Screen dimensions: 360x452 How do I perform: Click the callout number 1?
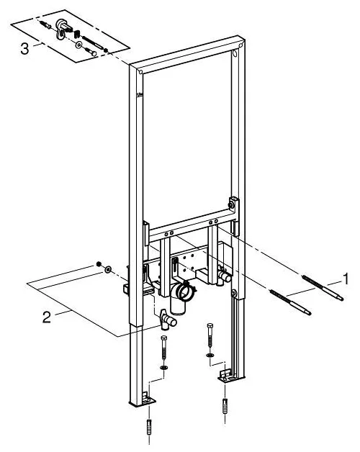pyautogui.click(x=345, y=279)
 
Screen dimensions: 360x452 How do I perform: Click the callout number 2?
pyautogui.click(x=47, y=317)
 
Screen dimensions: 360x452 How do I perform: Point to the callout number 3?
pyautogui.click(x=24, y=48)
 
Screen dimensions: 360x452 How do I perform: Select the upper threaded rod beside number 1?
pyautogui.click(x=323, y=288)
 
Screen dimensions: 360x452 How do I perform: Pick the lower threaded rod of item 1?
pyautogui.click(x=290, y=302)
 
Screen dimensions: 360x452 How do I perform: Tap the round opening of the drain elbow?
pyautogui.click(x=184, y=291)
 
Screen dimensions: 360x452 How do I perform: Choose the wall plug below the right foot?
pyautogui.click(x=225, y=406)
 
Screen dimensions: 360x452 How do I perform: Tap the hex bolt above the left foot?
pyautogui.click(x=164, y=348)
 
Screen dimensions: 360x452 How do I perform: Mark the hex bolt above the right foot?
pyautogui.click(x=210, y=335)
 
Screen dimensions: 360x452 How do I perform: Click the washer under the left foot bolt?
pyautogui.click(x=164, y=368)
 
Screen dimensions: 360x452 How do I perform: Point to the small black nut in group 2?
pyautogui.click(x=99, y=263)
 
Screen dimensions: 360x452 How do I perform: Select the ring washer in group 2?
pyautogui.click(x=108, y=269)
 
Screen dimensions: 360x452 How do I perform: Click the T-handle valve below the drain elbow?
pyautogui.click(x=167, y=319)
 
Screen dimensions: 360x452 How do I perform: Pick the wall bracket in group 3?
pyautogui.click(x=62, y=28)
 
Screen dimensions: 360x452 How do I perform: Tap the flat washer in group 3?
pyautogui.click(x=78, y=45)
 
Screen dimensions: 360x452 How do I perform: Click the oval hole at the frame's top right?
pyautogui.click(x=235, y=54)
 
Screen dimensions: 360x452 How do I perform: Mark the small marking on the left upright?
pyautogui.click(x=140, y=94)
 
